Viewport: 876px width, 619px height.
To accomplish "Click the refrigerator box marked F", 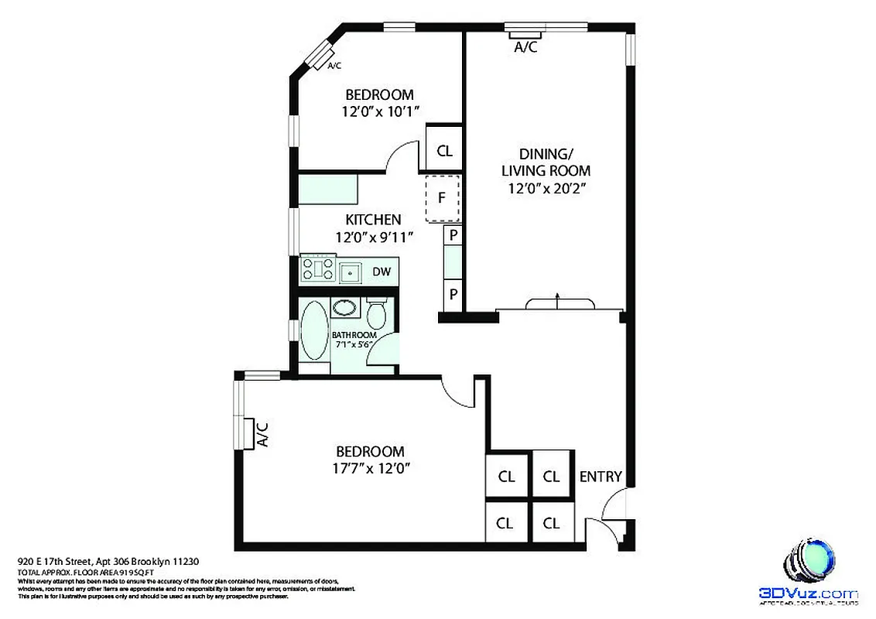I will point(442,197).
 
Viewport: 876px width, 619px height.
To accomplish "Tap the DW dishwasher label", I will point(382,272).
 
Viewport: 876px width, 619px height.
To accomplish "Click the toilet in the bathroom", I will point(377,313).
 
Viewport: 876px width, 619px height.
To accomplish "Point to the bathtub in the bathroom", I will point(313,330).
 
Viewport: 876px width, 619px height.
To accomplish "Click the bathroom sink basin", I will point(345,307).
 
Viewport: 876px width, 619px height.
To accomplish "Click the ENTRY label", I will point(601,477).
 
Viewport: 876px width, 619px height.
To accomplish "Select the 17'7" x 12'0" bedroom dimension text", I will point(370,467).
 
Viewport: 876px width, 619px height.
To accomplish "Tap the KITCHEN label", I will point(373,220).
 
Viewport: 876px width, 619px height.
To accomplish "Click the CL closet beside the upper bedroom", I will point(444,151).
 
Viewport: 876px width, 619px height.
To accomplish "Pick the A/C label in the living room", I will point(526,47).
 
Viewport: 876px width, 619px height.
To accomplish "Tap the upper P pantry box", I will point(453,234).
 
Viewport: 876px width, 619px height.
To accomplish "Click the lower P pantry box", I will point(453,294).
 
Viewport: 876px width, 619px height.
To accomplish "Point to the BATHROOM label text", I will point(354,335).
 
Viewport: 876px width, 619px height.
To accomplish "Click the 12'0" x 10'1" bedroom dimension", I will point(380,111).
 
